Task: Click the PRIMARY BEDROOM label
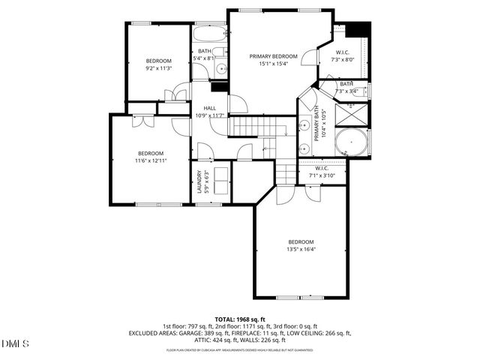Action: click(x=274, y=56)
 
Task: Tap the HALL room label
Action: click(x=210, y=108)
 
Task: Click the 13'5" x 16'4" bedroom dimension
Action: click(x=301, y=249)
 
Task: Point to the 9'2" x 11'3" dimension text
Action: click(x=158, y=68)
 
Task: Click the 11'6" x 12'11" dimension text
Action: click(x=150, y=160)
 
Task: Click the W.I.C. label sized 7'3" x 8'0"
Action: click(x=343, y=52)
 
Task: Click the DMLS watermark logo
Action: click(x=16, y=343)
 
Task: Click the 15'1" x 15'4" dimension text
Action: click(x=274, y=64)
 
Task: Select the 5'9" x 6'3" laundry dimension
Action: click(x=208, y=182)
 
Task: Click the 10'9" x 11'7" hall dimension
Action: click(x=210, y=115)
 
